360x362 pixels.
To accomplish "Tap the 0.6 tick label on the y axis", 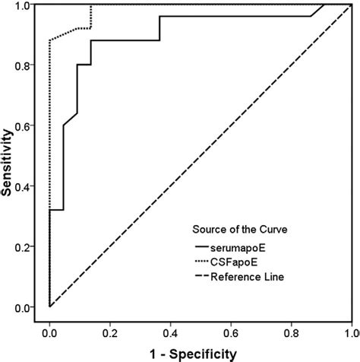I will tap(28, 126).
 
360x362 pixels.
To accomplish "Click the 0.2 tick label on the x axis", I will tap(110, 332).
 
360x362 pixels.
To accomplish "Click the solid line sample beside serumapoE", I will tap(206, 246).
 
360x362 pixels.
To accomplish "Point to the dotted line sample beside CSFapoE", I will tap(206, 262).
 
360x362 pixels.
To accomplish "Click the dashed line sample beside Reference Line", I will tap(206, 277).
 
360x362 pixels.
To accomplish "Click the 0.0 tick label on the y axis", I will tap(28, 307).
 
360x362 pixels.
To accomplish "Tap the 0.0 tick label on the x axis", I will tap(49, 332).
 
